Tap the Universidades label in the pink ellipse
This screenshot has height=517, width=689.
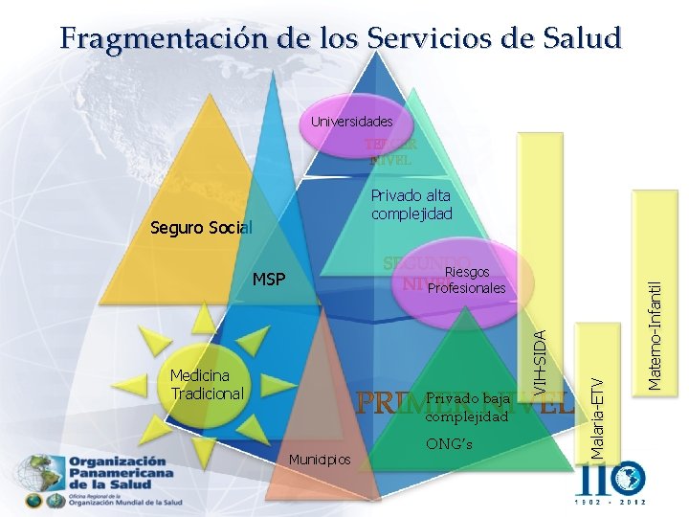click(351, 123)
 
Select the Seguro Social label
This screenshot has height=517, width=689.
click(201, 229)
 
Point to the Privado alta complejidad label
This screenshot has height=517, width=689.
click(411, 205)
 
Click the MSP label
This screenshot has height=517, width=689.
click(268, 281)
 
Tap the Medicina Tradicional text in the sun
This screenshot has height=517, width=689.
click(207, 385)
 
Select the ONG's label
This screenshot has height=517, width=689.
click(447, 443)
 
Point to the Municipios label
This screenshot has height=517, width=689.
click(320, 461)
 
